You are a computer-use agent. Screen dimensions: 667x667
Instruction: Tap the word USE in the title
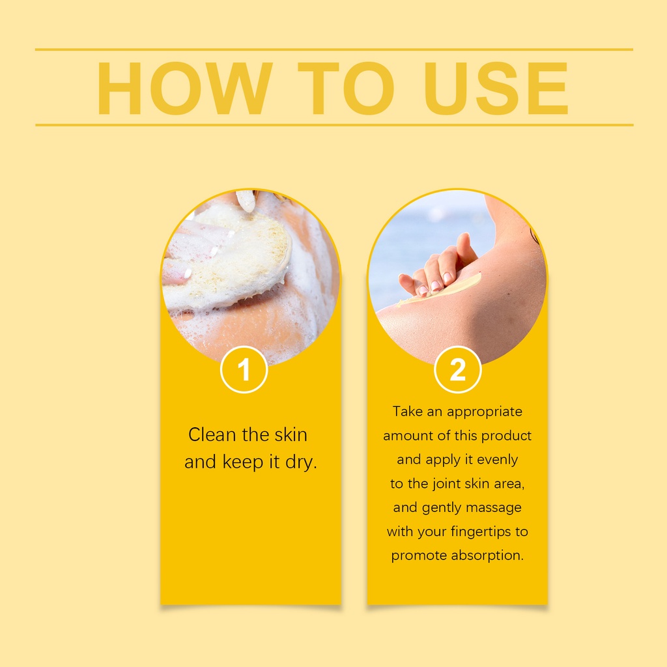pos(496,89)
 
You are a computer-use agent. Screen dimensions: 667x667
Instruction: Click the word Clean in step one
pos(212,434)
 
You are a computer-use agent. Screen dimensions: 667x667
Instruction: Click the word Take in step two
pos(407,412)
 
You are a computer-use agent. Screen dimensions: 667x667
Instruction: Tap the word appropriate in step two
pos(485,412)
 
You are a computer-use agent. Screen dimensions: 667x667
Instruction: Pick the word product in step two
pos(506,436)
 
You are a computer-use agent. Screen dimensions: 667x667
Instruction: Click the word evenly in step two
pos(497,460)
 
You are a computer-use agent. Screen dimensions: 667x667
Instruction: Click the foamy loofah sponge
pos(230,262)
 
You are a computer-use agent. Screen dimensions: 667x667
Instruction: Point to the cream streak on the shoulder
pos(440,291)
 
